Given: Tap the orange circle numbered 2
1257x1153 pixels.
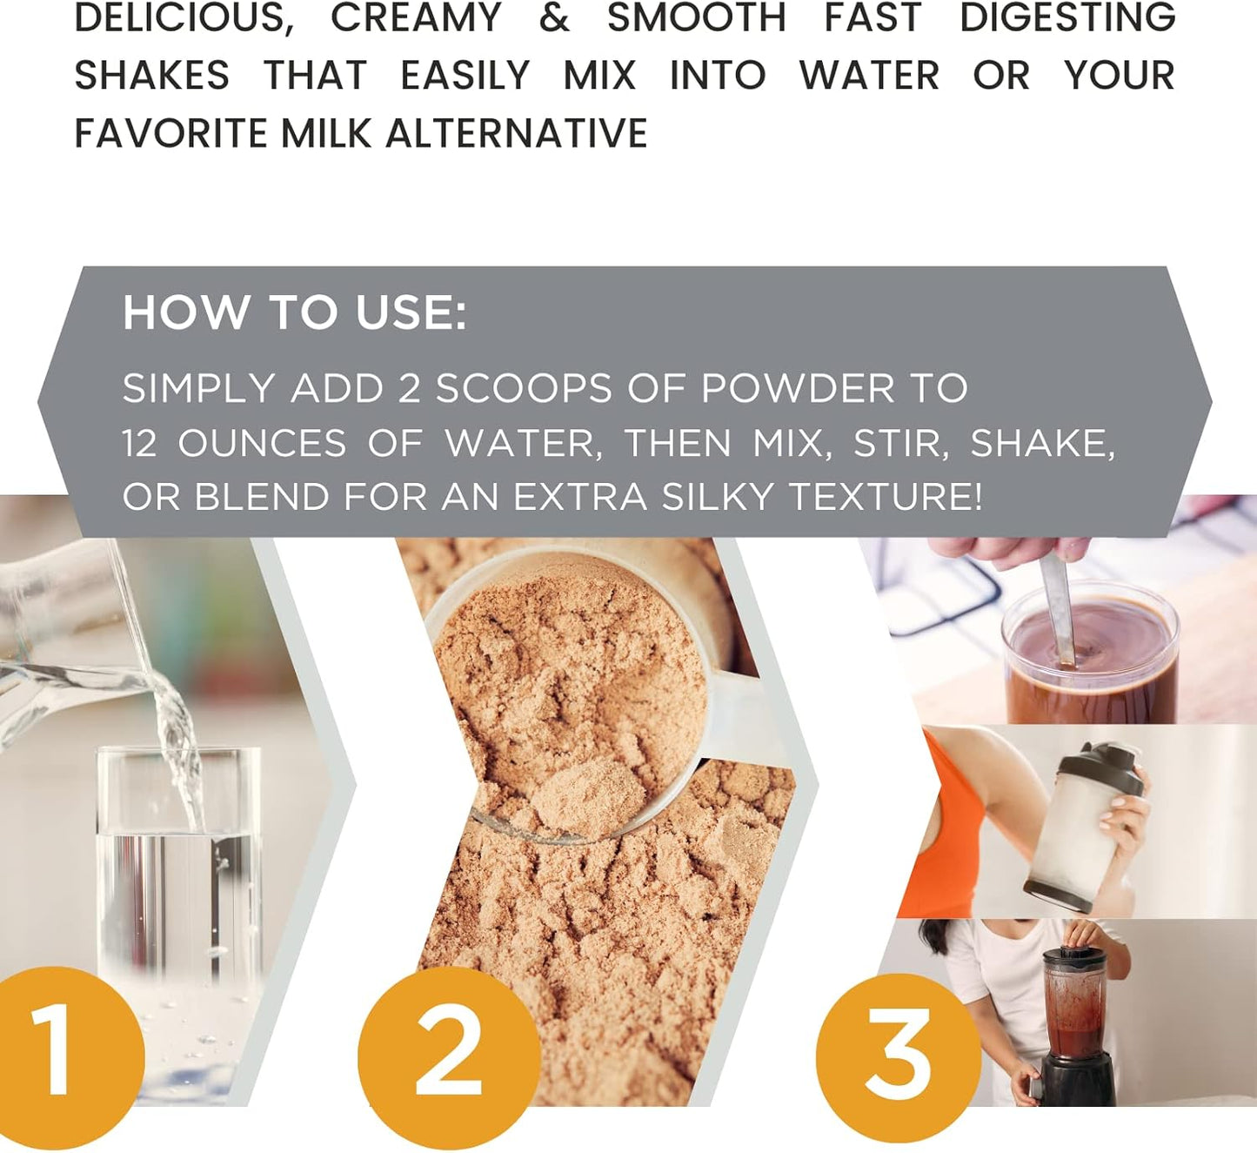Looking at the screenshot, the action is tap(449, 1060).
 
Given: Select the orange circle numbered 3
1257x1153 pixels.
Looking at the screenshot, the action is tap(898, 1060).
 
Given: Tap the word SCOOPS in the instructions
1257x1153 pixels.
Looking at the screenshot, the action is tap(524, 388).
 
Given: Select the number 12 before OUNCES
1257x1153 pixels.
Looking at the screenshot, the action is tap(139, 443).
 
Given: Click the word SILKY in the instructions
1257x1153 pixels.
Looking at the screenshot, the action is tap(719, 497).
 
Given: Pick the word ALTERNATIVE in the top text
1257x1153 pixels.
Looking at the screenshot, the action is tap(517, 133).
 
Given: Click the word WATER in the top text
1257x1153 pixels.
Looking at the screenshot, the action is tap(869, 75).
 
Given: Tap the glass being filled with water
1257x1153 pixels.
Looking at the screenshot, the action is tap(178, 922).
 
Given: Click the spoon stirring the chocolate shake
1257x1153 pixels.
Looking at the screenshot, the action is tap(1059, 608).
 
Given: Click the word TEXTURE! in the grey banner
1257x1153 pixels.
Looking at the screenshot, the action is tap(886, 497).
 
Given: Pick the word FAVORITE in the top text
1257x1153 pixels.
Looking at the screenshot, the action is tap(171, 133).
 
